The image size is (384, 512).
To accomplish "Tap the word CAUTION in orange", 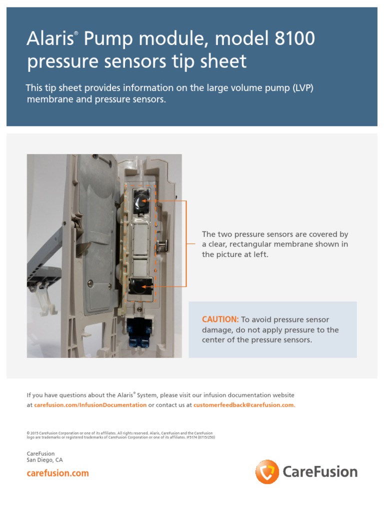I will (220, 319).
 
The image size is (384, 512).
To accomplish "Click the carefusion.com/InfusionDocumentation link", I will (90, 405).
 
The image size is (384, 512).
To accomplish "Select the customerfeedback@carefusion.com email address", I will (244, 405).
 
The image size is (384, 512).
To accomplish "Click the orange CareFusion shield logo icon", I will (267, 472).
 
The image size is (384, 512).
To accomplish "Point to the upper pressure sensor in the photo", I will (142, 201).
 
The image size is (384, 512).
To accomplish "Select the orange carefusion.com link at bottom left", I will (57, 473).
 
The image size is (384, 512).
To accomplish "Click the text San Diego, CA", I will (45, 460).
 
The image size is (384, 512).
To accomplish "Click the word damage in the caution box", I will (217, 330).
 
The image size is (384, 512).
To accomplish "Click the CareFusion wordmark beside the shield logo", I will (320, 472).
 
